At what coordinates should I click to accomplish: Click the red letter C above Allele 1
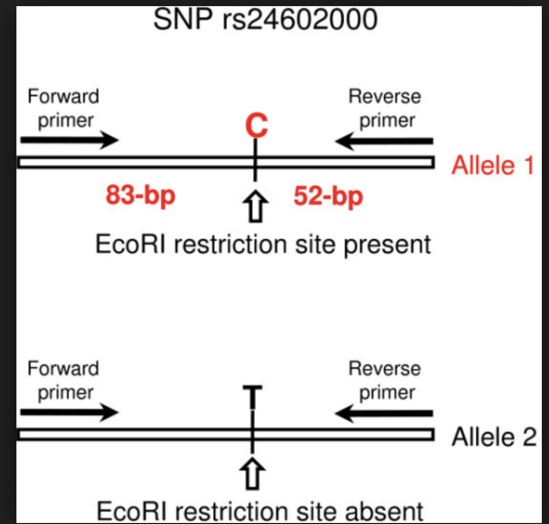[x=256, y=126]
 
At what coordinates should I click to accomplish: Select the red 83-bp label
[x=140, y=196]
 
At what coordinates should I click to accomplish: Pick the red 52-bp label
[x=328, y=196]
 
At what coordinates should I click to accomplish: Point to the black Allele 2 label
[x=494, y=437]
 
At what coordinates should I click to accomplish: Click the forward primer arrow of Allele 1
[x=69, y=139]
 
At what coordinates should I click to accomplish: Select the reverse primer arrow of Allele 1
[x=384, y=140]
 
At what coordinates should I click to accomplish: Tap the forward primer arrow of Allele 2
[x=69, y=412]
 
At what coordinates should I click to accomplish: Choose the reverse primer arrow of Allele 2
[x=384, y=412]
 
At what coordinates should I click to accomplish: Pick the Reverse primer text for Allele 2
[x=384, y=380]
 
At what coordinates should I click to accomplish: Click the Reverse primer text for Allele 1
[x=384, y=108]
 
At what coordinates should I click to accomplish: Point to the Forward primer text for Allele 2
[x=63, y=380]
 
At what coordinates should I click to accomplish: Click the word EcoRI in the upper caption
[x=130, y=245]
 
